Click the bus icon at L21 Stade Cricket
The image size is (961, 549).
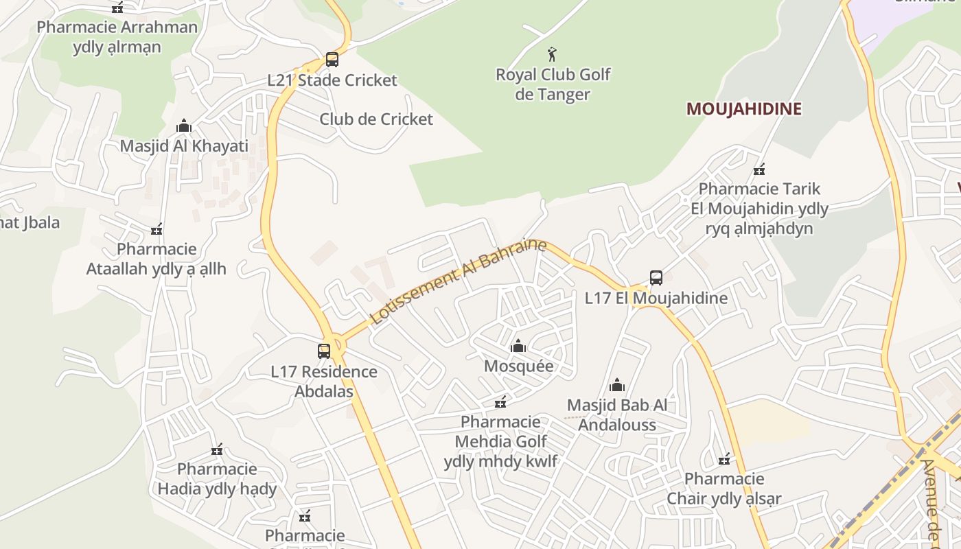[x=332, y=60]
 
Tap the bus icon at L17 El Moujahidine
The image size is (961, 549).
[x=656, y=278]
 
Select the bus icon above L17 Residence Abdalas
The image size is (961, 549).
[x=324, y=351]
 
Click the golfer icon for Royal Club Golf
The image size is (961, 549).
[x=552, y=54]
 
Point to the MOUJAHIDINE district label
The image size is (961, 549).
[x=744, y=109]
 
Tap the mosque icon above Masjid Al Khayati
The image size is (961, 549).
[x=183, y=126]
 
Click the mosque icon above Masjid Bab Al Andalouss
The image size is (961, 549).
[x=617, y=385]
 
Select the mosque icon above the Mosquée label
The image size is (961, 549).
[x=518, y=346]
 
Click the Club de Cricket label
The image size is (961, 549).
[x=376, y=119]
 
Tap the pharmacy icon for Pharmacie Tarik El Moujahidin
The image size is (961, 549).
[x=759, y=169]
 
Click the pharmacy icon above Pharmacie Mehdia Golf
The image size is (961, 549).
[x=501, y=401]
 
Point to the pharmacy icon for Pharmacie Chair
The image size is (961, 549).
[x=724, y=458]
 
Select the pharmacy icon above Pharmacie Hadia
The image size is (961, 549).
[x=217, y=450]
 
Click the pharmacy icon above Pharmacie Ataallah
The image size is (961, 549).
[x=157, y=229]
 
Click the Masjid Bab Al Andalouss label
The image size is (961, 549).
[x=617, y=414]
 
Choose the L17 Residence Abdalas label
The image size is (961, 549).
[x=324, y=382]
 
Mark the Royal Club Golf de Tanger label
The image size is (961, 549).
[x=553, y=84]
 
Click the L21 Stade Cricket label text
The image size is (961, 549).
[x=332, y=80]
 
